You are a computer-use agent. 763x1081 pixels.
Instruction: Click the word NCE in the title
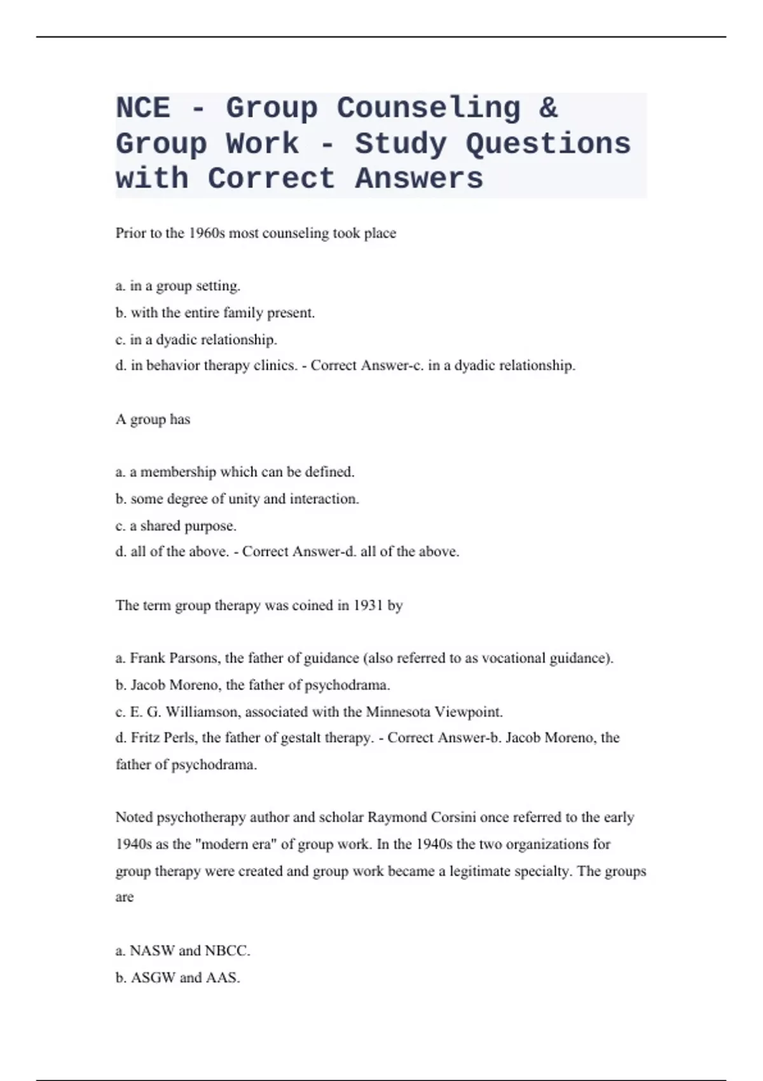click(143, 108)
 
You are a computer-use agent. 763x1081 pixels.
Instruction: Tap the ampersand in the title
click(548, 108)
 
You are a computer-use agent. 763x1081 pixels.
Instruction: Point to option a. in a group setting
click(178, 286)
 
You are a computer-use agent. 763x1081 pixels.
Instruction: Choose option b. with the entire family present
click(215, 313)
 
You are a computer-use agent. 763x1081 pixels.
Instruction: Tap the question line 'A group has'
click(153, 420)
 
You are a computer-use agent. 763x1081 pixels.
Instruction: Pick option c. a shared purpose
click(176, 527)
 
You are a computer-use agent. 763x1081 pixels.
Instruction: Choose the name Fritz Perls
click(163, 738)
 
